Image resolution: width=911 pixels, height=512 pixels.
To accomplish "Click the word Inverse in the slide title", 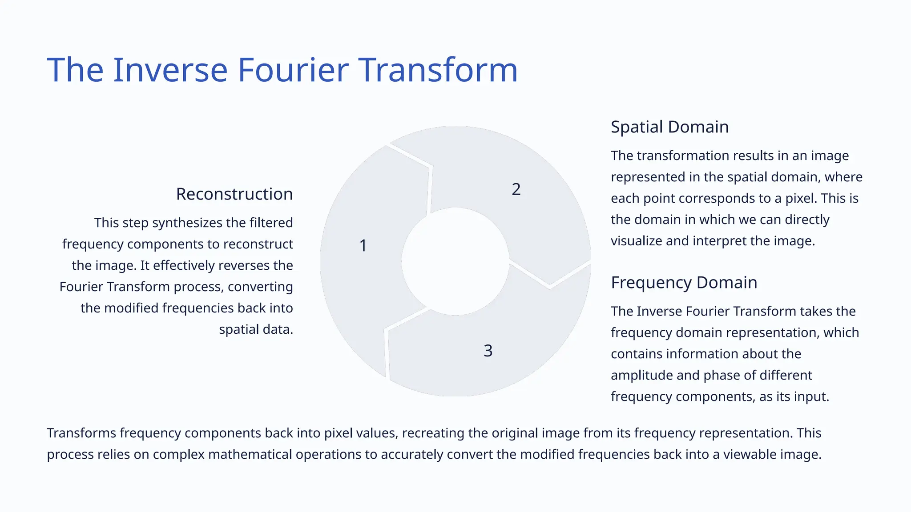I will (x=170, y=70).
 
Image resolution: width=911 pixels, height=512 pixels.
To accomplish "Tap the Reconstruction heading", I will (x=234, y=194).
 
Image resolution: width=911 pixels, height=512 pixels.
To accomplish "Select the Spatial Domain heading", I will (x=669, y=127).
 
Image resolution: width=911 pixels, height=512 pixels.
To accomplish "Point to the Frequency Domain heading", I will (x=684, y=283).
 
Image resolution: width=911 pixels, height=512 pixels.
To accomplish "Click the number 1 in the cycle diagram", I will (x=363, y=246).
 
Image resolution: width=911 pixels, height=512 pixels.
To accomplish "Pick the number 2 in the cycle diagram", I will (x=516, y=190).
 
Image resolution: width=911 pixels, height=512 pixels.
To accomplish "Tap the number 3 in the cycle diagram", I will (x=488, y=351).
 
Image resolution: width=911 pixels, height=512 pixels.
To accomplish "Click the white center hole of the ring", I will (x=455, y=261).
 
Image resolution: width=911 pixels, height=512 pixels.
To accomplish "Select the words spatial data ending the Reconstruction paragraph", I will (x=256, y=329).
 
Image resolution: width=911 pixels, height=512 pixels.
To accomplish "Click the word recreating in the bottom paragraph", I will (x=432, y=433).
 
